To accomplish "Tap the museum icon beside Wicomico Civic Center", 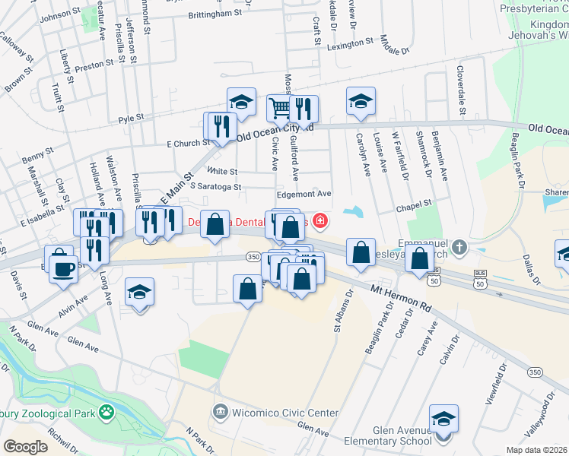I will click(x=221, y=413).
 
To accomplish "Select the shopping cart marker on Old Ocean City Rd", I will click(x=279, y=108).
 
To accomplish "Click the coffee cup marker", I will click(x=64, y=267).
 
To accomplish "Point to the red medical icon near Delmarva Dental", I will click(x=321, y=222).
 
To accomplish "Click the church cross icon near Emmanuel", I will click(x=459, y=247).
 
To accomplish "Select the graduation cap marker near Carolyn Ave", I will click(x=361, y=100).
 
